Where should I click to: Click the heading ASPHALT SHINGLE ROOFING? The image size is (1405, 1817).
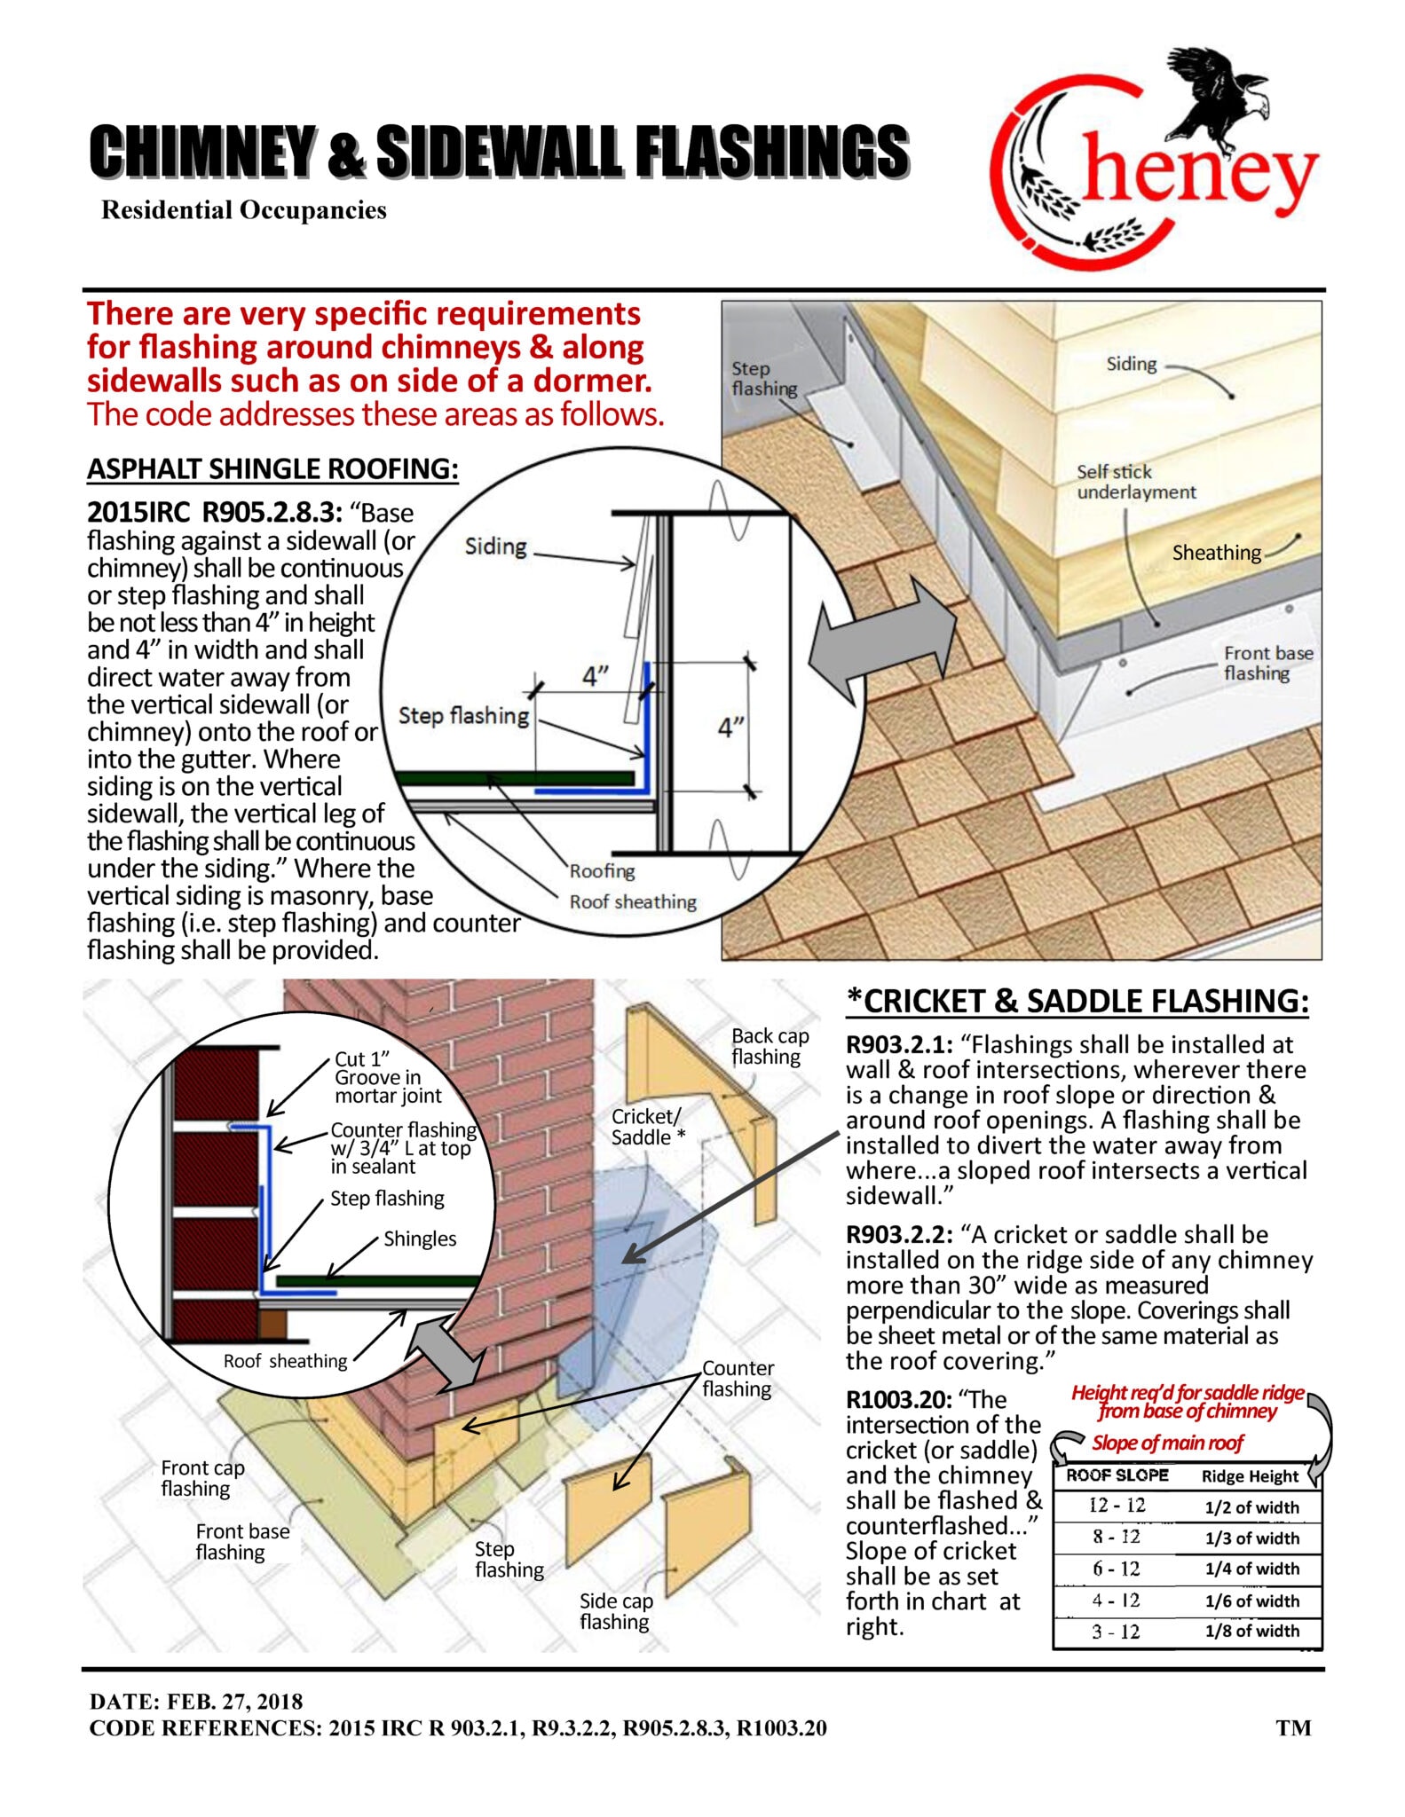[272, 468]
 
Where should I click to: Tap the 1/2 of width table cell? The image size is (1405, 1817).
[1251, 1506]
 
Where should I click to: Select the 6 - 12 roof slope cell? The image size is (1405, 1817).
[1117, 1569]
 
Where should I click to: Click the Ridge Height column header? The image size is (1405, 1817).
[1250, 1476]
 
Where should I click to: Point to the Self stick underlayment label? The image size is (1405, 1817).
[1135, 482]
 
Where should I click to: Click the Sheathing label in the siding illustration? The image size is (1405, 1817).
[1216, 553]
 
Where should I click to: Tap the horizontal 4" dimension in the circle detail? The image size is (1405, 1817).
[595, 676]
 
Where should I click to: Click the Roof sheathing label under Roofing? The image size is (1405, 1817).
[633, 901]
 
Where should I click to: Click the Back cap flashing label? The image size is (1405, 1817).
[770, 1046]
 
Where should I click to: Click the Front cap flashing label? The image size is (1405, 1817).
[201, 1478]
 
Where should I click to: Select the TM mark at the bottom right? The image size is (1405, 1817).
[1293, 1727]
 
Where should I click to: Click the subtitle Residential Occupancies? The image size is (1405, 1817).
[244, 210]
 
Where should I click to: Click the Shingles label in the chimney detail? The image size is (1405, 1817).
[420, 1239]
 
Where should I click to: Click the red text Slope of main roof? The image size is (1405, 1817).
[1167, 1443]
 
